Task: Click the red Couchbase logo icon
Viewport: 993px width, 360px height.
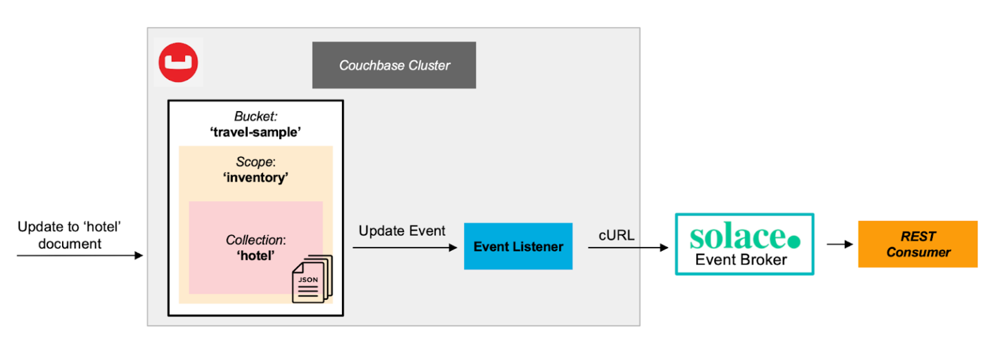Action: pyautogui.click(x=178, y=63)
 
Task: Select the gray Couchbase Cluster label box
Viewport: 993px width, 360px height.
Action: pyautogui.click(x=394, y=65)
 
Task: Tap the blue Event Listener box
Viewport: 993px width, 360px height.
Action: pyautogui.click(x=518, y=246)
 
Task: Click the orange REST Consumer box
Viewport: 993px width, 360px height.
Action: pyautogui.click(x=917, y=244)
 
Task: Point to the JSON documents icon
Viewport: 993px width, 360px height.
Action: pyautogui.click(x=311, y=279)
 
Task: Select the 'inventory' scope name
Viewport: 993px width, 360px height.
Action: pyautogui.click(x=255, y=178)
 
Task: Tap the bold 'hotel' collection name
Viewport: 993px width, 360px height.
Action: pyautogui.click(x=255, y=255)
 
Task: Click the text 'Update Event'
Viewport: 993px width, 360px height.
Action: pyautogui.click(x=401, y=231)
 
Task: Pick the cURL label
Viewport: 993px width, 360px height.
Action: pyautogui.click(x=617, y=235)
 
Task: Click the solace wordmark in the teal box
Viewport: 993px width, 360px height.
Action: pyautogui.click(x=736, y=237)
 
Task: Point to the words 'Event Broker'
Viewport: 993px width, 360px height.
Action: pyautogui.click(x=741, y=260)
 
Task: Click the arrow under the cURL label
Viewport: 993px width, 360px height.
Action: pyautogui.click(x=628, y=248)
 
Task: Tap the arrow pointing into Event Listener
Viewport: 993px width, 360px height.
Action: pyautogui.click(x=405, y=248)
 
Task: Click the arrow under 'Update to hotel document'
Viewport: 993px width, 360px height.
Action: pyautogui.click(x=79, y=256)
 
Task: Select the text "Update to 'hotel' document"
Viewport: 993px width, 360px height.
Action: pyautogui.click(x=70, y=235)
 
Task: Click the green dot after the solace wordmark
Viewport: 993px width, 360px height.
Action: pyautogui.click(x=794, y=241)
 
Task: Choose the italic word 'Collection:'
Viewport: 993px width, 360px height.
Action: pyautogui.click(x=255, y=240)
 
